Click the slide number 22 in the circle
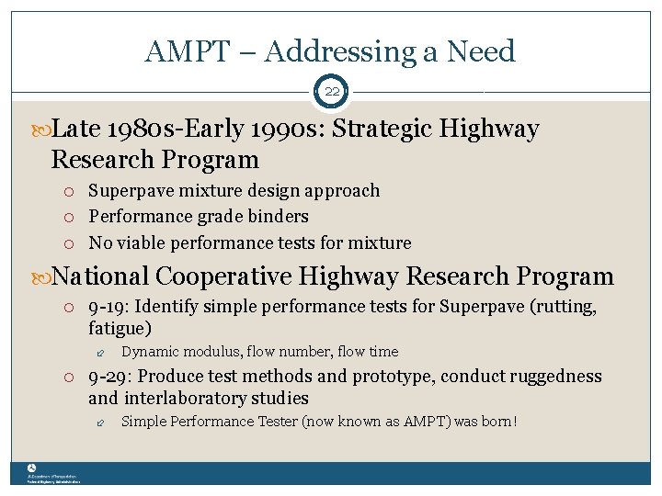[331, 92]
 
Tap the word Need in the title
[481, 51]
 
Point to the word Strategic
[382, 130]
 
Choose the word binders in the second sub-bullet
[279, 217]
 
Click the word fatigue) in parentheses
[120, 328]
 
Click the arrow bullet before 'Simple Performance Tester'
[102, 423]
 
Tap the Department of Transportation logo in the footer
[31, 468]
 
